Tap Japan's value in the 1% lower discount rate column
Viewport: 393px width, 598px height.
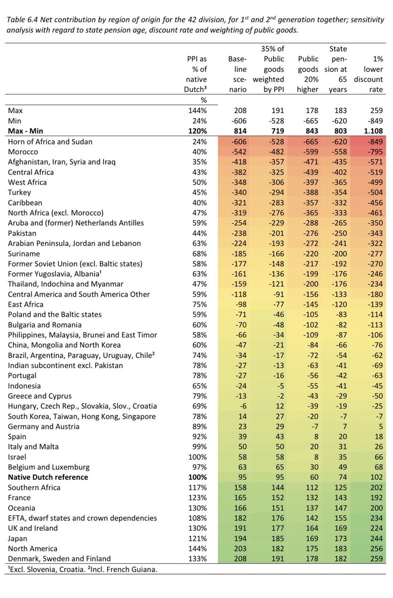point(374,538)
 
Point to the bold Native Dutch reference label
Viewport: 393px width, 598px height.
point(48,477)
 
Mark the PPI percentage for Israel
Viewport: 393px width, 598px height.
point(196,457)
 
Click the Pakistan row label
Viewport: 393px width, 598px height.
point(23,233)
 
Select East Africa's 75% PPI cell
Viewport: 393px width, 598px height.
point(198,304)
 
